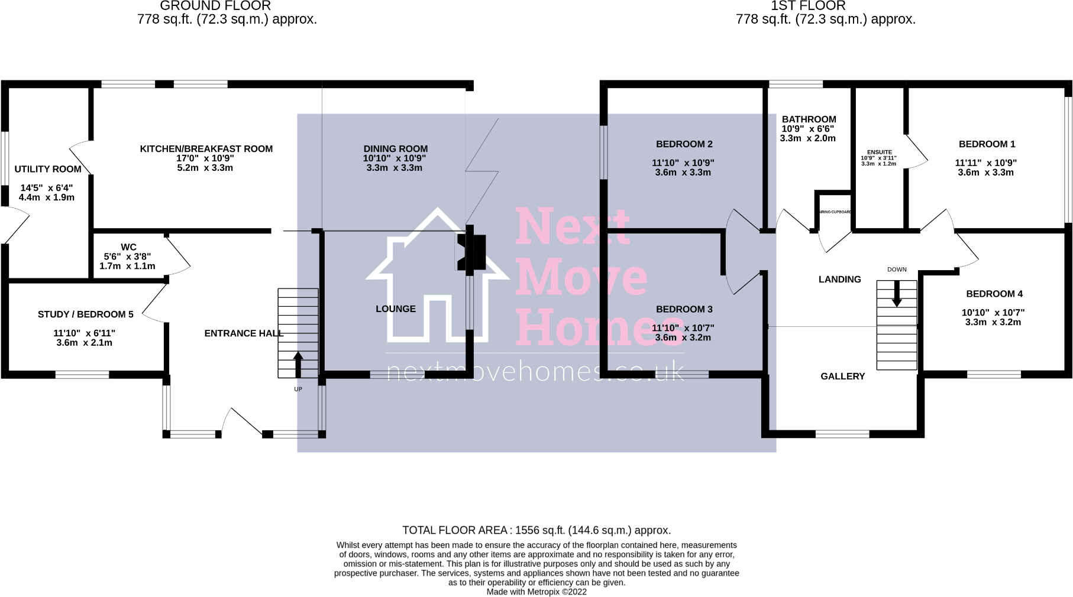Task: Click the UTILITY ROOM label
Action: point(48,169)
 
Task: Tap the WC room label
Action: point(128,247)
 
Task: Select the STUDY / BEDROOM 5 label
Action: point(86,314)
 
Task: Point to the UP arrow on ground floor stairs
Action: point(298,364)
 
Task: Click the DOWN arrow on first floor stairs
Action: point(897,294)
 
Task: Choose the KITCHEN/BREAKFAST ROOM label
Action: point(206,149)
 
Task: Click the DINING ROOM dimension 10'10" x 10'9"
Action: point(395,158)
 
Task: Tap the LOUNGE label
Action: point(396,309)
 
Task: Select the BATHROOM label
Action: point(809,119)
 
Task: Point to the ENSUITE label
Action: point(879,153)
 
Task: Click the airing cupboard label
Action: point(835,212)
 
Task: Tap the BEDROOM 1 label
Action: point(987,144)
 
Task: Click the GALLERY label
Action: point(842,377)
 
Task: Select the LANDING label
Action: point(839,280)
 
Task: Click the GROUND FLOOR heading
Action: point(215,6)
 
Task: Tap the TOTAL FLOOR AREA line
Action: point(536,530)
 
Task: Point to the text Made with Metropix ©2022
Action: point(536,591)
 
